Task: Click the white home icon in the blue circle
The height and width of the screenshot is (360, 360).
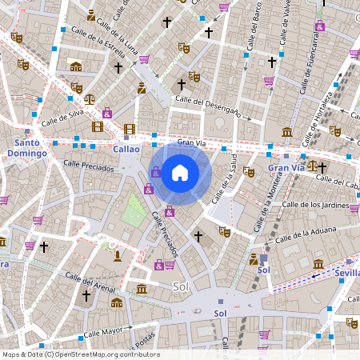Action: pos(180,172)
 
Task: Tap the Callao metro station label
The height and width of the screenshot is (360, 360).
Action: pos(126,149)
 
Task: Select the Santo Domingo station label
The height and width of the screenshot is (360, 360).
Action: pos(26,147)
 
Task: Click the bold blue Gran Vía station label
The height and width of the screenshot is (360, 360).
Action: pos(286,168)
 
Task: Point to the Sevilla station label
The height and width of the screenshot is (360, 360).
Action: pos(346,273)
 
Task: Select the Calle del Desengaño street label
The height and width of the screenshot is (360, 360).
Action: pos(208,106)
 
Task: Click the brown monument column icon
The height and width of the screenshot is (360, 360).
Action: pos(118,256)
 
